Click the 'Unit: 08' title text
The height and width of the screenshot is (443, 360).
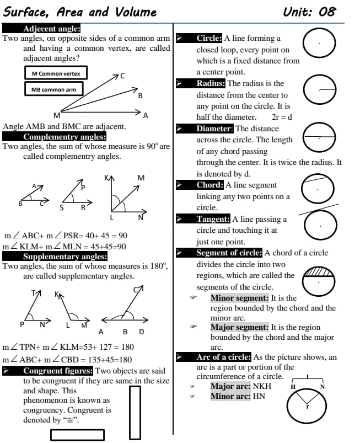pos(309,12)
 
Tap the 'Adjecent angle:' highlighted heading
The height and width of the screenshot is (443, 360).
pos(52,29)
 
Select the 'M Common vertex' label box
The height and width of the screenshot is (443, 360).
pos(56,73)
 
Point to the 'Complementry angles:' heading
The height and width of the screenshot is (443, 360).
pos(65,137)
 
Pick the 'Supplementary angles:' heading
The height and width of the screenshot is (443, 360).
pos(65,257)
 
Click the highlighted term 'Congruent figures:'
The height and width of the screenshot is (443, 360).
pos(58,371)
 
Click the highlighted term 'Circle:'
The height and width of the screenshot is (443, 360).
pos(209,39)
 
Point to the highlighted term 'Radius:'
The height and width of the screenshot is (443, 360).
pos(211,83)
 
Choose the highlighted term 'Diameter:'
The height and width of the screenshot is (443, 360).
pos(215,129)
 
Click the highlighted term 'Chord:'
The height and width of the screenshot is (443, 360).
pos(209,185)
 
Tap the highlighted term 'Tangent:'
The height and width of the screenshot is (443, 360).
pos(213,219)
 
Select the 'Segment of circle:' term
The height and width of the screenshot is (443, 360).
pos(229,253)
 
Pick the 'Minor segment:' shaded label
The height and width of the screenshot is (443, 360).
pos(239,298)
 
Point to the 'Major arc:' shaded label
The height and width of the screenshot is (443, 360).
pos(230,386)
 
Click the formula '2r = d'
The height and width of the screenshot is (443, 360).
pos(281,117)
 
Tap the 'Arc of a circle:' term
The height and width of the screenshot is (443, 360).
pos(223,357)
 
